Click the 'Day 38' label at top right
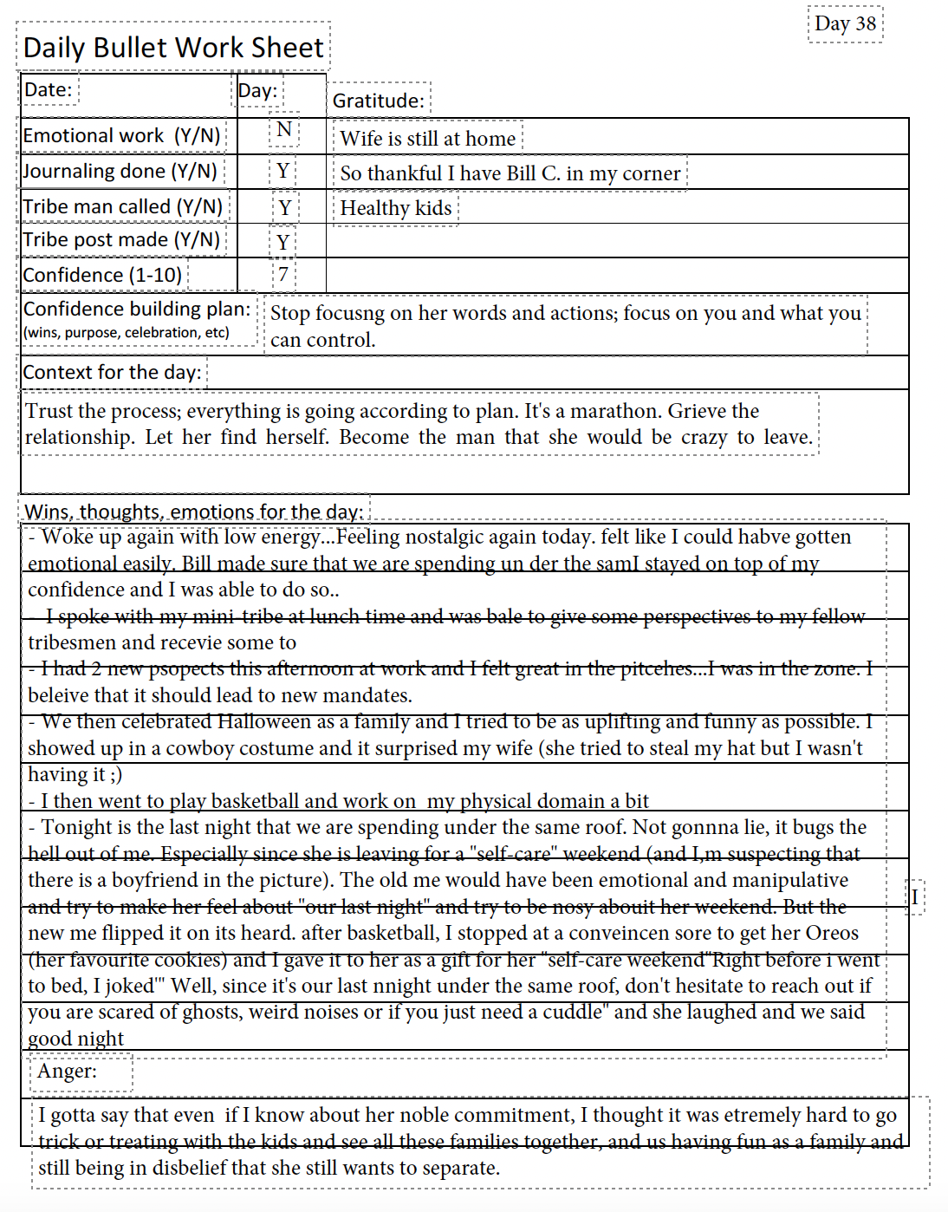click(x=845, y=23)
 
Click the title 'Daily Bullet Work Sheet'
click(x=173, y=47)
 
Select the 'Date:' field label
click(x=48, y=89)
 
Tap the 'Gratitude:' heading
click(x=379, y=101)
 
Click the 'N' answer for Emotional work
click(x=284, y=130)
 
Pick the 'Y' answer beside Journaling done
click(x=283, y=171)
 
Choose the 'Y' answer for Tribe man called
click(x=285, y=208)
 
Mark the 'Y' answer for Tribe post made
click(x=283, y=243)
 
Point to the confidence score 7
click(x=283, y=275)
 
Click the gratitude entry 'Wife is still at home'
click(x=427, y=138)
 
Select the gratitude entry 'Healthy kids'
click(x=395, y=208)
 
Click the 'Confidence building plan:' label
click(x=137, y=309)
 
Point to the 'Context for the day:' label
click(x=112, y=372)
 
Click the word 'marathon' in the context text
click(x=616, y=411)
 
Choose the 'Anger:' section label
click(x=67, y=1071)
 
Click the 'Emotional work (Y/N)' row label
click(x=121, y=135)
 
